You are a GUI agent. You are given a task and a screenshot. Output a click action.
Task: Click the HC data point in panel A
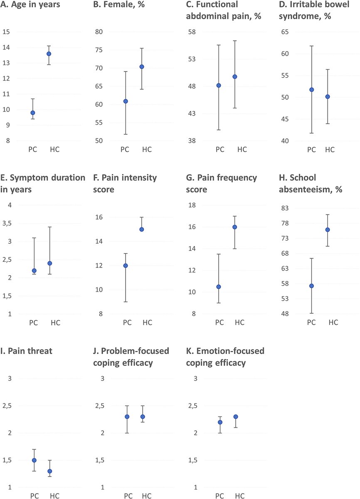point(49,54)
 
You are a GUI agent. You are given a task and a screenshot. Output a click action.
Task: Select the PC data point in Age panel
point(33,113)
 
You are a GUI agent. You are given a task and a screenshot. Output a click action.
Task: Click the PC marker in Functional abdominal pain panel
point(219,85)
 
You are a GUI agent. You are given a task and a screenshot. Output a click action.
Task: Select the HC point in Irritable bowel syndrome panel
point(328,96)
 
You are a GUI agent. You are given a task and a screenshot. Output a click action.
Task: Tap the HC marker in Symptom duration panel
point(49,263)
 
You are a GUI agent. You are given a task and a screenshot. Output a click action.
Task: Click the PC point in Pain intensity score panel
point(126,265)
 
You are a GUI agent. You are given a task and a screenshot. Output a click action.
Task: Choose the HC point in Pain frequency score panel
point(235,227)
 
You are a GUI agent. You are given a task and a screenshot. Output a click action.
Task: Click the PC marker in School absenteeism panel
point(311,286)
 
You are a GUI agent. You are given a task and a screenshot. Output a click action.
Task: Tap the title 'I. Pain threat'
point(27,351)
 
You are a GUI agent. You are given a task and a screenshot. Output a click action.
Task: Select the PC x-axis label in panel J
point(128,496)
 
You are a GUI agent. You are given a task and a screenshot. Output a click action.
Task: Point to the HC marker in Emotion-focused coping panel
point(236,417)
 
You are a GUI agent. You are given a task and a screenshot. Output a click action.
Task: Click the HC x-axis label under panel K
point(239,496)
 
